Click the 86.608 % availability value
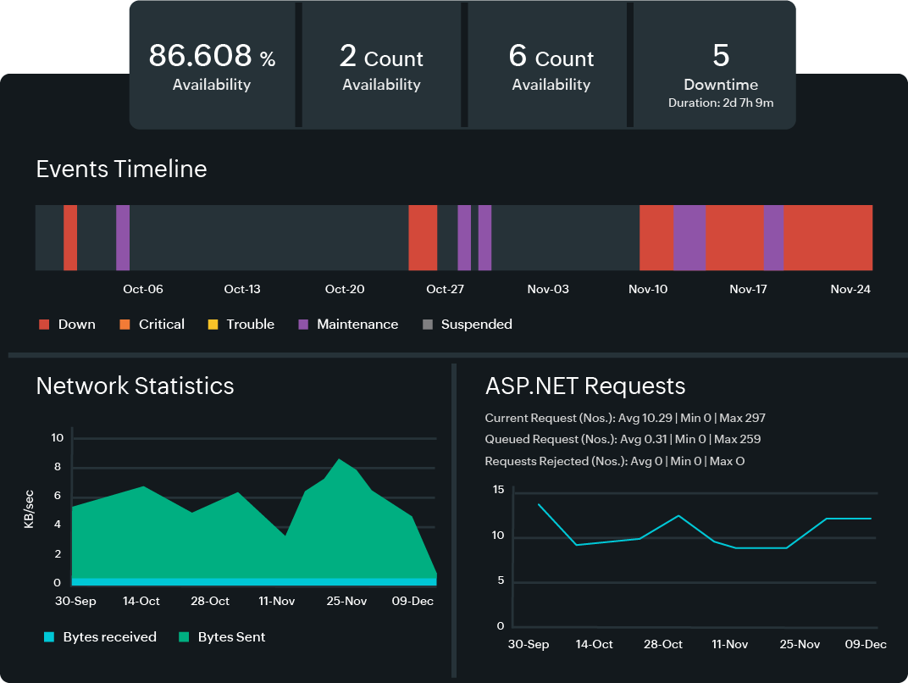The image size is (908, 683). coord(212,56)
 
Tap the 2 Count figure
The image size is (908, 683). coord(381,57)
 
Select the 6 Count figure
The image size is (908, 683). coord(551,57)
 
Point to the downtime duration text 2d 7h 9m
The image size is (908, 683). coord(720,103)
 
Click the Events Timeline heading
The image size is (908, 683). coord(121,169)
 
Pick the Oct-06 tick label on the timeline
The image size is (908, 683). coord(142,289)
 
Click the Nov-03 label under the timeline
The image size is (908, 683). coord(548,289)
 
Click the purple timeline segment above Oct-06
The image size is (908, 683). coord(123,237)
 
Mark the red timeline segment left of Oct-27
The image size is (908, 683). coord(422,237)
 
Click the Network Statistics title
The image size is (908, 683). coord(135,386)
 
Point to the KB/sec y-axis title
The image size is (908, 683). coord(29,509)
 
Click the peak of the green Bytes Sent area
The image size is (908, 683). coord(340,460)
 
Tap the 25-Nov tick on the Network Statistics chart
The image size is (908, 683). coord(346,601)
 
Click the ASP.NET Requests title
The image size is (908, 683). coord(584,386)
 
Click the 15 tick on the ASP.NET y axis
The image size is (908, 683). coord(498,490)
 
